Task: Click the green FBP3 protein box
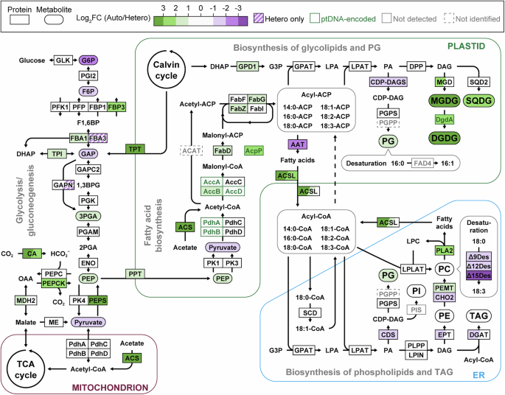click(116, 107)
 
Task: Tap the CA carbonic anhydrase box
click(32, 254)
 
